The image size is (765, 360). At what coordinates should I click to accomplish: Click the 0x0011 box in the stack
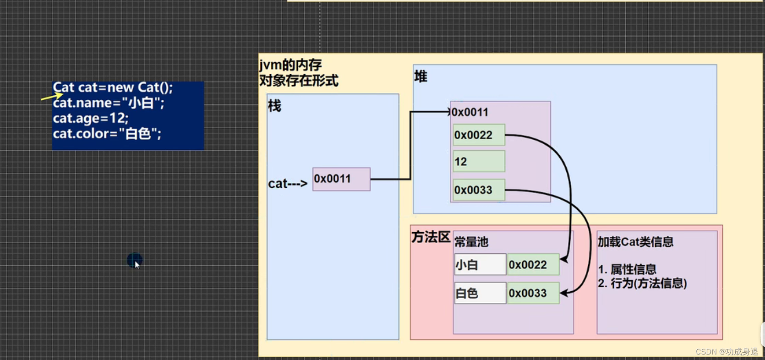341,179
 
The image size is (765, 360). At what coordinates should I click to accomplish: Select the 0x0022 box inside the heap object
479,135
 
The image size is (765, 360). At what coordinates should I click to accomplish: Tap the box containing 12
479,162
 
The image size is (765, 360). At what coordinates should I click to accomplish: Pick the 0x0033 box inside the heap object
479,190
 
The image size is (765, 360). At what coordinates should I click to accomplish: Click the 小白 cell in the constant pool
480,265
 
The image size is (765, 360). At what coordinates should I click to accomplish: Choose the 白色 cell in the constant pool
480,293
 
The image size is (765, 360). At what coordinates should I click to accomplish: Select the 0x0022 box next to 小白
533,265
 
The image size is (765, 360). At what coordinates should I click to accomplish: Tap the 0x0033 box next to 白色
533,293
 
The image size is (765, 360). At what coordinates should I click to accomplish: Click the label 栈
274,106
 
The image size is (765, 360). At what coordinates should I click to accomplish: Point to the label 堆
421,76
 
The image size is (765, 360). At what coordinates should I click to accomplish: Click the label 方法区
431,237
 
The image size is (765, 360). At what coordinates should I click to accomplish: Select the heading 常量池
471,242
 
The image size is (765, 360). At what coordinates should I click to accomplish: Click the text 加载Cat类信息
635,242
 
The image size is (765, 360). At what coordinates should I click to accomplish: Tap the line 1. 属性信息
627,269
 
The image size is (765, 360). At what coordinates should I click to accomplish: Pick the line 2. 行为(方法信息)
642,284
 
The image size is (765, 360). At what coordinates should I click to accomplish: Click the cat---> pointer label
287,184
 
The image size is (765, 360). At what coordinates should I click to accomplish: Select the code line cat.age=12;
91,118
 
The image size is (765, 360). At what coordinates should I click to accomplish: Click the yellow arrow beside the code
51,97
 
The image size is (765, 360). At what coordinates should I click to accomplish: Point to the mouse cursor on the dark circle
136,262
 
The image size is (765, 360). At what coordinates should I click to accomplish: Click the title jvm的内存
290,65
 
